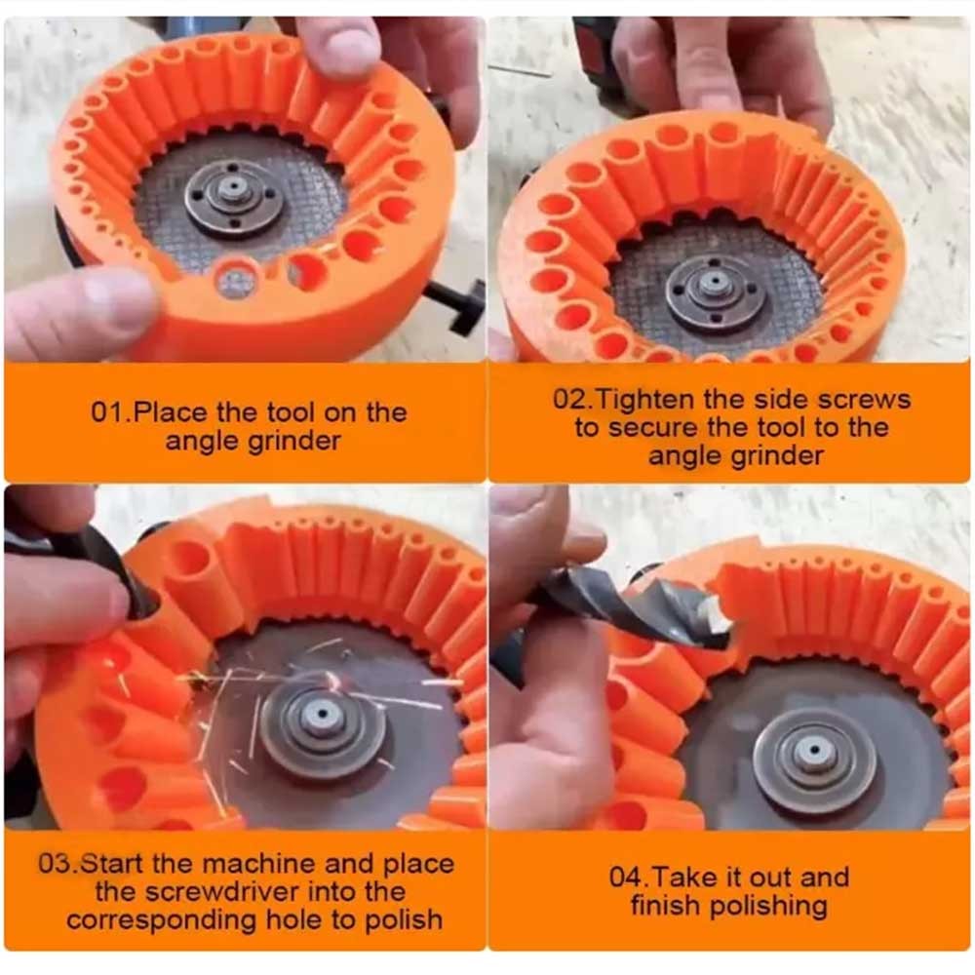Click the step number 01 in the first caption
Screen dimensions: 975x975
(x=108, y=412)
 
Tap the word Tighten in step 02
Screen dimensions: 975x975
(x=643, y=400)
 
